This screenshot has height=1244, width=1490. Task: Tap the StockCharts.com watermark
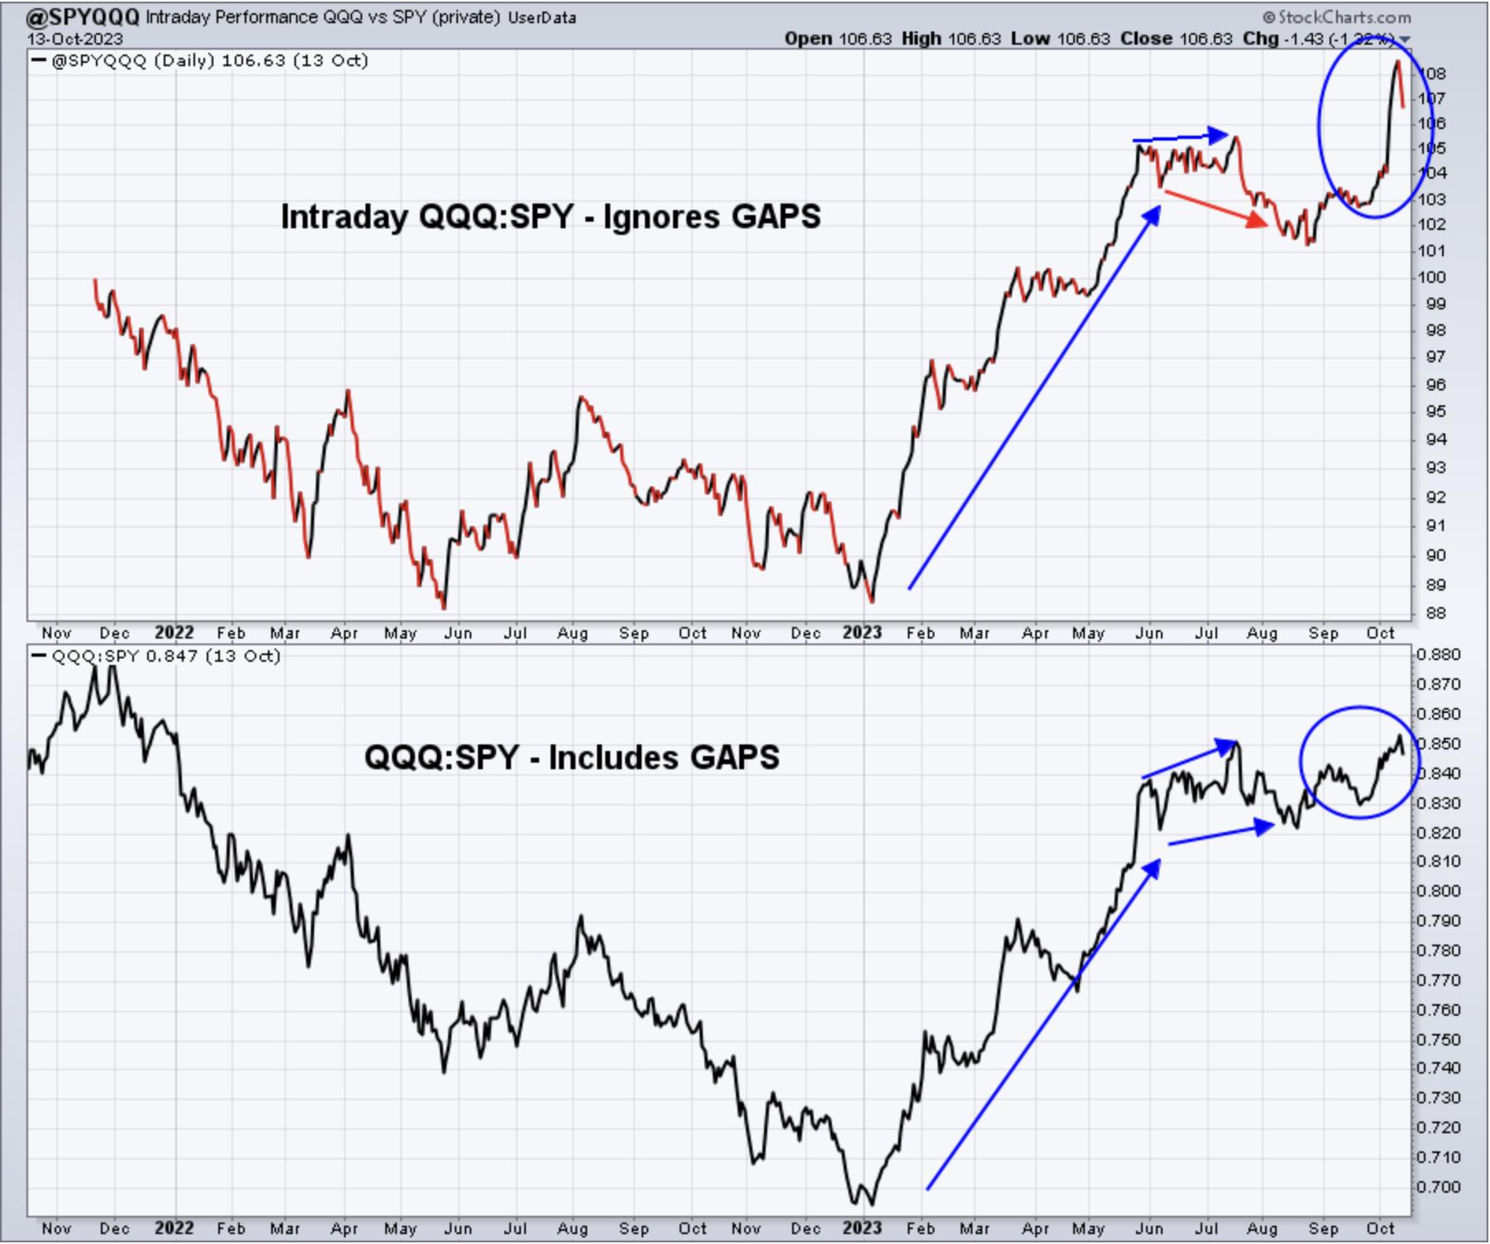[x=1337, y=17]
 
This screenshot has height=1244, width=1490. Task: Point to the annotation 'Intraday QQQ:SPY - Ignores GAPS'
[x=551, y=217]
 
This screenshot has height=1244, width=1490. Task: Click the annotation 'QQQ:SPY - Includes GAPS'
[x=571, y=757]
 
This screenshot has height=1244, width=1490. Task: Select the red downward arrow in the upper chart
[x=1215, y=207]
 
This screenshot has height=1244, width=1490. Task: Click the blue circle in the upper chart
[x=1320, y=124]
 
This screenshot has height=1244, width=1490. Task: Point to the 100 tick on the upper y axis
[x=1433, y=278]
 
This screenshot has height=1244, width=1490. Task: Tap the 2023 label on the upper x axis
[x=862, y=633]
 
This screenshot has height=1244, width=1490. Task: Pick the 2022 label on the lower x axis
[x=174, y=1228]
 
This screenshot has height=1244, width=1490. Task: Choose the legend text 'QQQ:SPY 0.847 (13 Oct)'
[x=166, y=657]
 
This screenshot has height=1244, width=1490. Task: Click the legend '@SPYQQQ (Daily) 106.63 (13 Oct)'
[x=210, y=61]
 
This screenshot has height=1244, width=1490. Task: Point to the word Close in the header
[x=1146, y=38]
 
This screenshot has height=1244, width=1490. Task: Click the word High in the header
[x=921, y=38]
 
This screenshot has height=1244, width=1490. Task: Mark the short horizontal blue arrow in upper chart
[x=1181, y=136]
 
